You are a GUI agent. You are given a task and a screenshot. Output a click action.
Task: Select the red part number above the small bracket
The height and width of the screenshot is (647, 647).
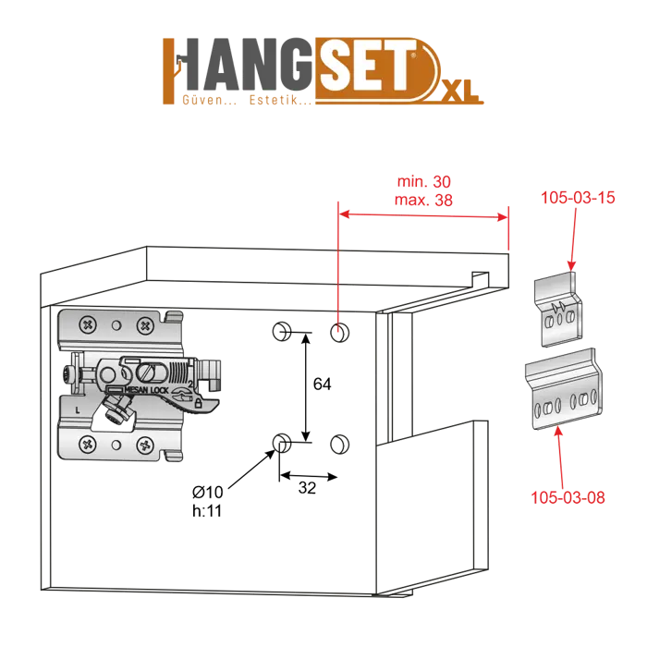578,198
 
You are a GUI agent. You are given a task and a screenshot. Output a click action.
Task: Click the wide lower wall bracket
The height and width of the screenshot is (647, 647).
567,394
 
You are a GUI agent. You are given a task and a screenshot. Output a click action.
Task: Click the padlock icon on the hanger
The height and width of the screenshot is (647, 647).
199,402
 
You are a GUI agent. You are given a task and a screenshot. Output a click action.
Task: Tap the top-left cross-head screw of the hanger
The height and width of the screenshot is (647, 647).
86,325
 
